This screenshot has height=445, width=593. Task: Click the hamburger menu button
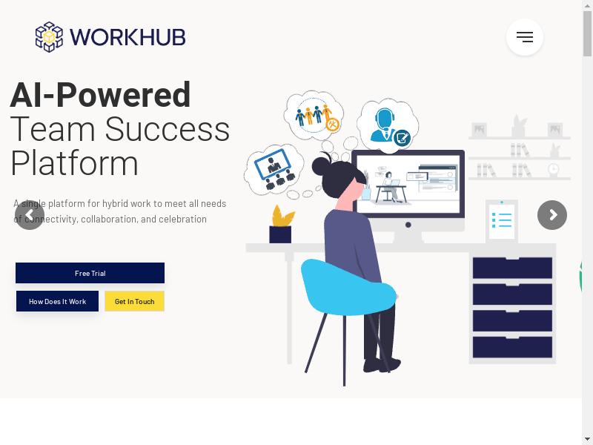pyautogui.click(x=525, y=37)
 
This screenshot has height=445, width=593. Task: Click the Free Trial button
pyautogui.click(x=90, y=273)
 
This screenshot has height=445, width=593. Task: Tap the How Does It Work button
pyautogui.click(x=58, y=301)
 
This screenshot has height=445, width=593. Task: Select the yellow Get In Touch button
pyautogui.click(x=135, y=301)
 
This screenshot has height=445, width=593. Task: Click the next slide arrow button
pyautogui.click(x=552, y=215)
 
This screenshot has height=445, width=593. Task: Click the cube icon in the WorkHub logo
pyautogui.click(x=49, y=37)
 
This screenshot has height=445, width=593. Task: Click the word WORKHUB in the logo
pyautogui.click(x=127, y=37)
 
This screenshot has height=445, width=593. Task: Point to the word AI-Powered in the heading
pyautogui.click(x=100, y=95)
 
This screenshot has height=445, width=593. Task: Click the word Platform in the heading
pyautogui.click(x=75, y=163)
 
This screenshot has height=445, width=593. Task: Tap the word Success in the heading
pyautogui.click(x=168, y=129)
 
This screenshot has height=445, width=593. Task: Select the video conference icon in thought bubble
pyautogui.click(x=274, y=170)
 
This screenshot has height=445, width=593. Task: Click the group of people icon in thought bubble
pyautogui.click(x=314, y=116)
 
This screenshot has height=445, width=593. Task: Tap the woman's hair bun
pyautogui.click(x=321, y=165)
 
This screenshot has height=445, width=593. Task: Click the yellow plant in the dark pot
pyautogui.click(x=282, y=216)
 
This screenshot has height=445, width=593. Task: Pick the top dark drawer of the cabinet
pyautogui.click(x=512, y=268)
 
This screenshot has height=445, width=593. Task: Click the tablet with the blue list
pyautogui.click(x=502, y=221)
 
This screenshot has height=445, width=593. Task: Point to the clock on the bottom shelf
pyautogui.click(x=554, y=169)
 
